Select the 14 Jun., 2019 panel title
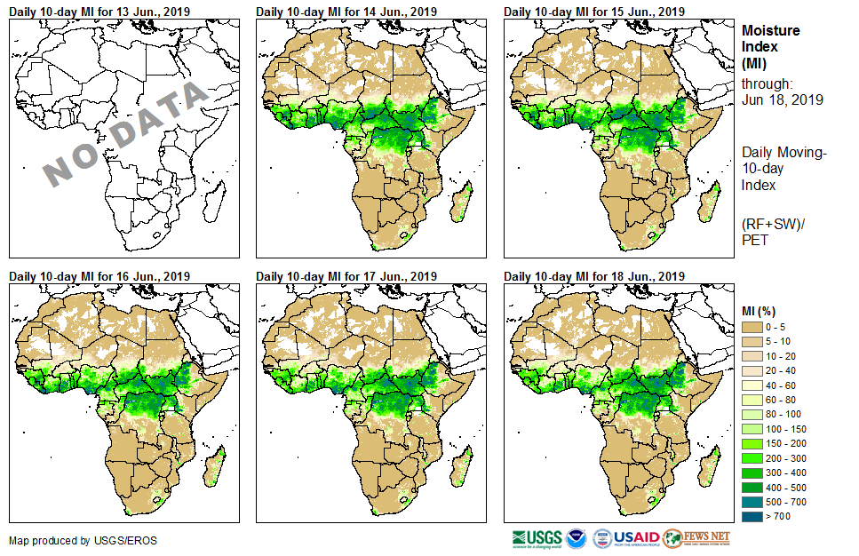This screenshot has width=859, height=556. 346,11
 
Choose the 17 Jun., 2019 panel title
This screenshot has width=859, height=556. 346,275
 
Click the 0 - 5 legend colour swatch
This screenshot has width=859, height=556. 752,328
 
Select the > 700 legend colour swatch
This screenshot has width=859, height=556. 752,516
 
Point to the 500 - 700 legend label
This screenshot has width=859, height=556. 794,502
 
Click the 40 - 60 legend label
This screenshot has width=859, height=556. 789,385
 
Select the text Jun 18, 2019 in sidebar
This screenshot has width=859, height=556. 782,99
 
